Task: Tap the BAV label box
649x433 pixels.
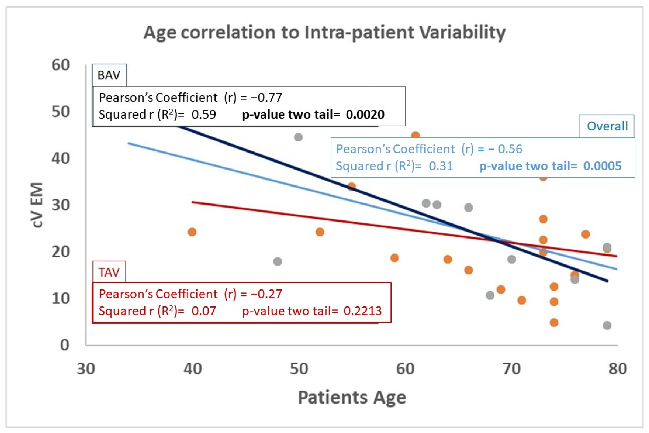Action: coord(109,75)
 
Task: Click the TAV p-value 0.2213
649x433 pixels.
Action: coord(362,311)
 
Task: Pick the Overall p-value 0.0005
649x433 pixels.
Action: coord(602,166)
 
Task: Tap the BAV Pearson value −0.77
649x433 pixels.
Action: coord(266,97)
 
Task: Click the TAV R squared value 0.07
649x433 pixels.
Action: coord(203,311)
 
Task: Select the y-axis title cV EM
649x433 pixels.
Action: coord(36,205)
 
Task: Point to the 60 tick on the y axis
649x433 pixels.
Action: coord(61,65)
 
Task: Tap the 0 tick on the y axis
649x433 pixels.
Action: coord(65,345)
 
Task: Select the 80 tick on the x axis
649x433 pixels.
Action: coord(618,369)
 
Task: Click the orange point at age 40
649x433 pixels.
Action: coord(192,232)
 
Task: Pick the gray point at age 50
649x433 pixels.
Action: coord(298,137)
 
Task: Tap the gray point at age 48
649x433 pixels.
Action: coord(278,261)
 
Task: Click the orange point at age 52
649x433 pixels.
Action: coord(320,232)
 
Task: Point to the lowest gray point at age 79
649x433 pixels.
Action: coord(607,326)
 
